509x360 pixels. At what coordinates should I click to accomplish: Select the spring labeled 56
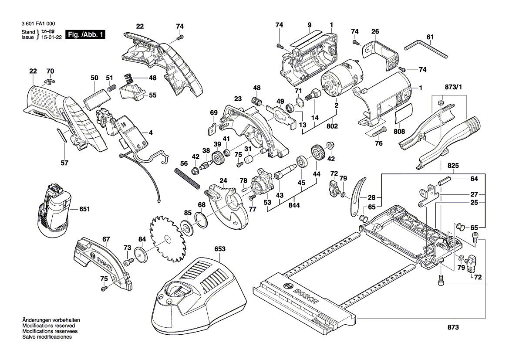pyautogui.click(x=188, y=178)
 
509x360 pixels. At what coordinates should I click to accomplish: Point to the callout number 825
pyautogui.click(x=453, y=166)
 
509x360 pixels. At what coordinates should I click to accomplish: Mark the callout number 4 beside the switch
pyautogui.click(x=151, y=132)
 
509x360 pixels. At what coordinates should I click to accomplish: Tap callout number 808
pyautogui.click(x=399, y=131)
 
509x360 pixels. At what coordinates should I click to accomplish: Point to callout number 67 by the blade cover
pyautogui.click(x=106, y=239)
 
